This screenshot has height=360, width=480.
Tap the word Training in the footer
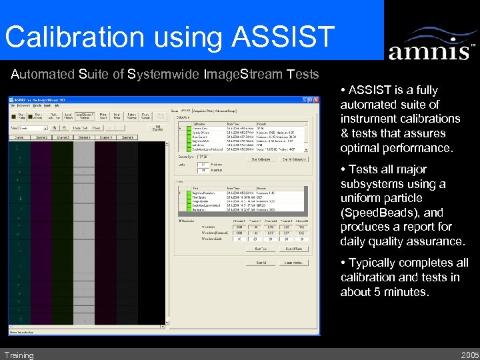(19, 355)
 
